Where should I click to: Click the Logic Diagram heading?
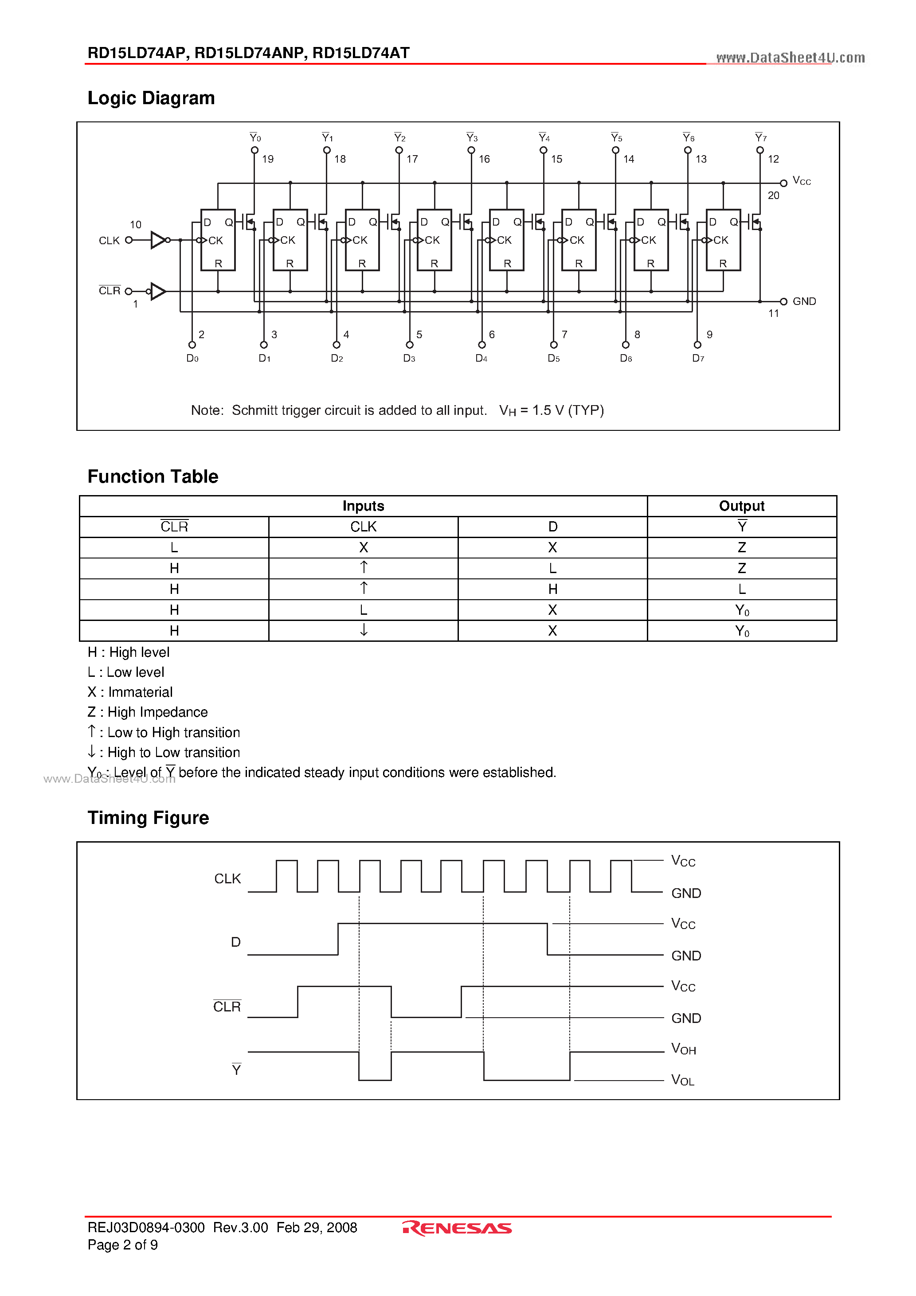coord(151,98)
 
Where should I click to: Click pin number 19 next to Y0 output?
coord(268,159)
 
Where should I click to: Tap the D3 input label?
coord(409,359)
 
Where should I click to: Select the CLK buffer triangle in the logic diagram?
coord(157,240)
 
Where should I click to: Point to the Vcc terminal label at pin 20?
coord(801,181)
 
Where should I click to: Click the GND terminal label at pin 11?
coord(804,301)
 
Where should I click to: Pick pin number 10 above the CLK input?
coord(136,225)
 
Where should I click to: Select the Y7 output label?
coord(761,138)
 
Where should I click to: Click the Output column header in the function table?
coord(741,506)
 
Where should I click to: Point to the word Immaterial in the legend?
coord(140,692)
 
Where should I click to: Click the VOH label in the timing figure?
coord(683,1049)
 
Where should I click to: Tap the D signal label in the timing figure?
coord(235,942)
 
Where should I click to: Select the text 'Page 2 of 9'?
coord(122,1245)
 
